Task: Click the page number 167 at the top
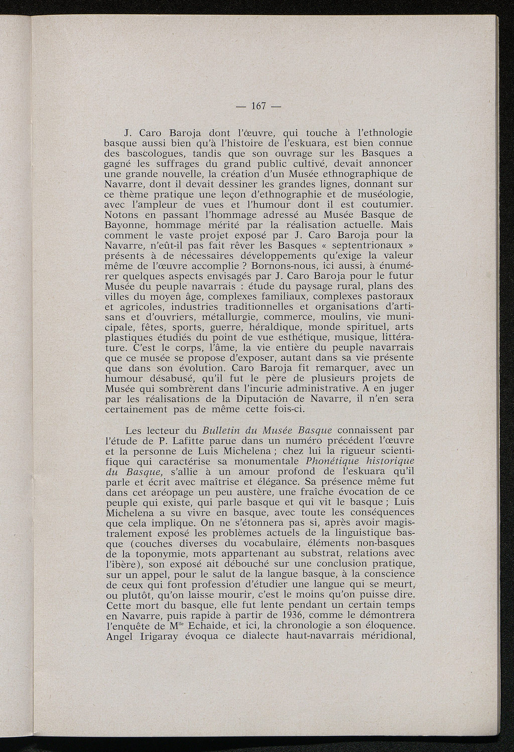(x=258, y=106)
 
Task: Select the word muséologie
(x=381, y=194)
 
